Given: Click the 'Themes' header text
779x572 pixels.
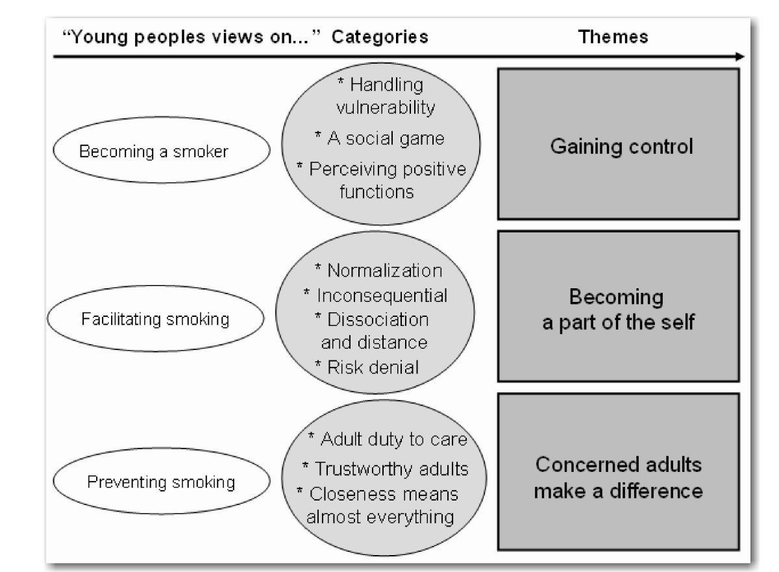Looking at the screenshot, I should (x=613, y=37).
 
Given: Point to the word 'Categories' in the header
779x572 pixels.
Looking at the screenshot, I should (x=380, y=37).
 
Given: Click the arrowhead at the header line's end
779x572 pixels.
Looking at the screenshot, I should (x=740, y=57).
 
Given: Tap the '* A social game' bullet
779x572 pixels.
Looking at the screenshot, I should (x=381, y=138).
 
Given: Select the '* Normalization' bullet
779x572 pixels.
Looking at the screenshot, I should (x=378, y=270).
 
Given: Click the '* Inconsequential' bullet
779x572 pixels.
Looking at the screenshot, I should (x=375, y=295).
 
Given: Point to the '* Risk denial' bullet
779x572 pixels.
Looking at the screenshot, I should (x=366, y=367).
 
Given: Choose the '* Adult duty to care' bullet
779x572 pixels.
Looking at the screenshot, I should (x=387, y=440).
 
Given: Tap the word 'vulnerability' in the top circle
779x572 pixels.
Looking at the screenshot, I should (x=385, y=108).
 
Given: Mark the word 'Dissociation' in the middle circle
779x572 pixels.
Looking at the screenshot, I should (x=378, y=319).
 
